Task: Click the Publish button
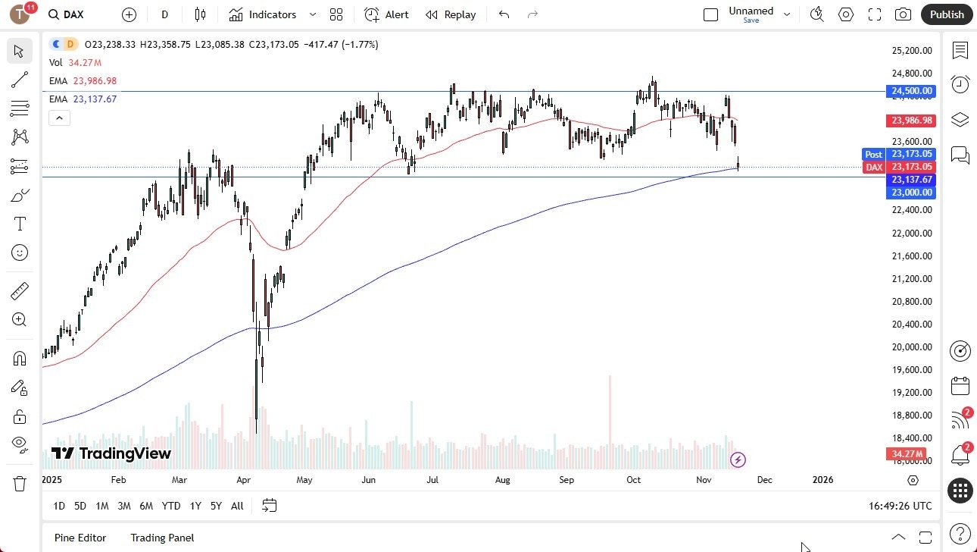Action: coord(947,14)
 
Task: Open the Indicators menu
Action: coord(263,14)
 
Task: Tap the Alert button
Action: coord(386,14)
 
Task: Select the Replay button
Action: coord(451,14)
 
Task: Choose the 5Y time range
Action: coord(216,506)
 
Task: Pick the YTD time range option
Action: coord(171,506)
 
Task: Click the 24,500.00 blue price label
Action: coord(912,91)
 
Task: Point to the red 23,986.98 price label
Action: coord(912,121)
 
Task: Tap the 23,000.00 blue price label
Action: coord(912,193)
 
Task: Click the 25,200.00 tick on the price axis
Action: coord(911,51)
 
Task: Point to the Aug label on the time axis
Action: coord(503,480)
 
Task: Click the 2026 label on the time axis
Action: coord(822,480)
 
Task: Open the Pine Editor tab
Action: coord(80,538)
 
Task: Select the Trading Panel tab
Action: coord(162,538)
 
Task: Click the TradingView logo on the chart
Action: coord(111,453)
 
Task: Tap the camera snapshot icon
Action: coord(903,14)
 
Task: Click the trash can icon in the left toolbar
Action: coord(20,483)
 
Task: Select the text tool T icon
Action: coord(20,224)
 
